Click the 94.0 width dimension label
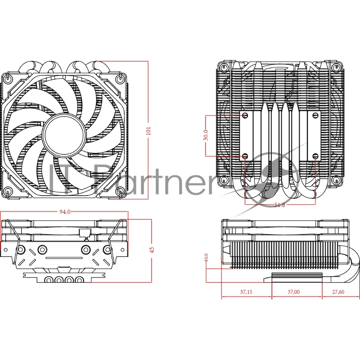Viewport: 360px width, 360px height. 65,212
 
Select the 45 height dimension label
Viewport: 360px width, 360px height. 152,249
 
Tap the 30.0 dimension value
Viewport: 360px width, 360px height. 206,135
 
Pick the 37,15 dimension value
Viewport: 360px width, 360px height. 246,292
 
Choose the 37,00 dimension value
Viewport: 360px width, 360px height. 293,292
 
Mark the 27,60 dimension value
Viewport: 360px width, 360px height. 338,292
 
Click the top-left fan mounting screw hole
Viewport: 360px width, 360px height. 9,77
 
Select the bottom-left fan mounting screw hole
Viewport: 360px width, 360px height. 9,192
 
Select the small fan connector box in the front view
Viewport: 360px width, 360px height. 84,233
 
